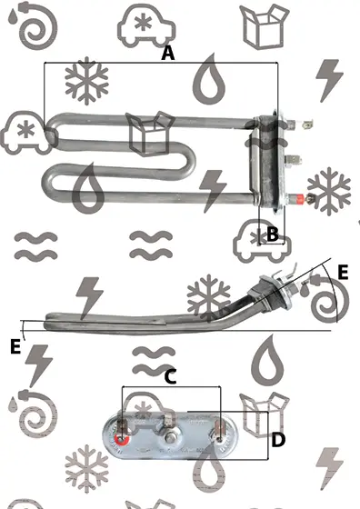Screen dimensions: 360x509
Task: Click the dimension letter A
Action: coord(168,54)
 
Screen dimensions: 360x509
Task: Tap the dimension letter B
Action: coord(273,234)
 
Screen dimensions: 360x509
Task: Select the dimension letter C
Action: coord(170,377)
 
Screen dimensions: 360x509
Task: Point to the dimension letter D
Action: coord(278,440)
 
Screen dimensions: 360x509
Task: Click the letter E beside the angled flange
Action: coord(343,273)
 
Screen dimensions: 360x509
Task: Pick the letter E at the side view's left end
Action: coord(15,346)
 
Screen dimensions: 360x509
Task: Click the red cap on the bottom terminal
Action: coord(299,198)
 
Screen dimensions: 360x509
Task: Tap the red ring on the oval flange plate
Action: coord(122,440)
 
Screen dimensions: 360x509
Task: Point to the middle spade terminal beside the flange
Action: coord(294,160)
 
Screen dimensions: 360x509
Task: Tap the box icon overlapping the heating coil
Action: coord(150,133)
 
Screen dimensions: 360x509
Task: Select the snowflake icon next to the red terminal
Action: coord(329,191)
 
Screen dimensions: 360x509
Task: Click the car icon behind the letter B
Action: coord(262,241)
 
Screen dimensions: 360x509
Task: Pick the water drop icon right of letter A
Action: coord(209,79)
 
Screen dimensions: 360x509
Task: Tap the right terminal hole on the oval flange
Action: coord(220,440)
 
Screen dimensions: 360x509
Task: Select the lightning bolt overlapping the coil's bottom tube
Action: coord(213,191)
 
